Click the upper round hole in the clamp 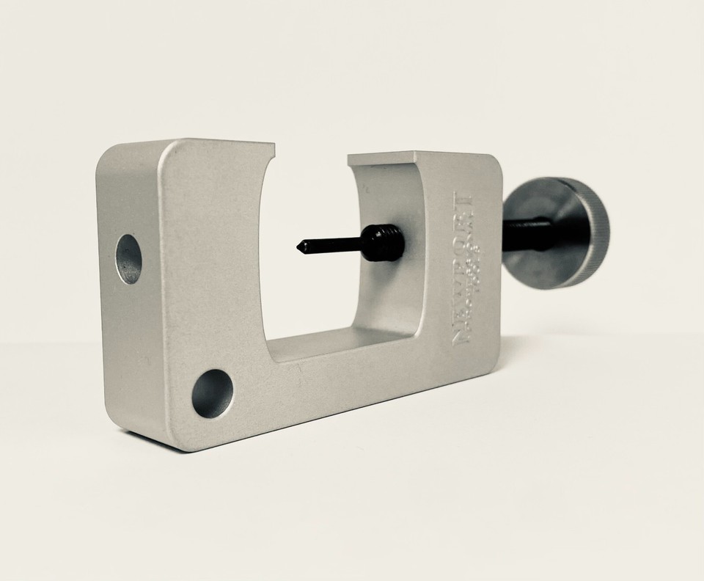click(128, 259)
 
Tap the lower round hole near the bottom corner click(213, 393)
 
